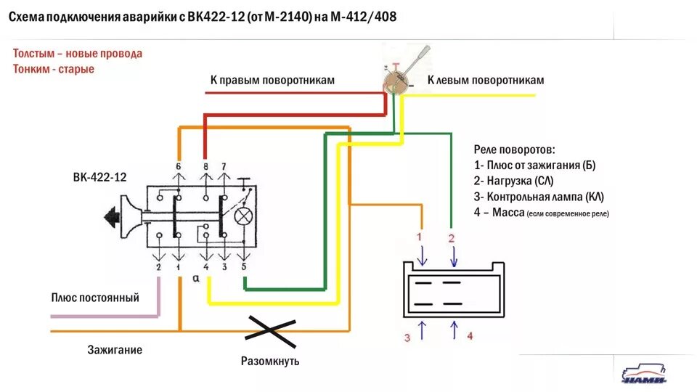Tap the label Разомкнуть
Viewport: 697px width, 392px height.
pos(269,361)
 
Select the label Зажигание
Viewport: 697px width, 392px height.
pos(115,350)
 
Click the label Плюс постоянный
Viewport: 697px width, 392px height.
pos(95,298)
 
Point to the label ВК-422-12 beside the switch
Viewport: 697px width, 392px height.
pos(99,177)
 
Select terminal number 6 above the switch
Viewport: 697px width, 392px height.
pos(178,166)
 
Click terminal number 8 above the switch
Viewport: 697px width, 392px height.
pos(205,166)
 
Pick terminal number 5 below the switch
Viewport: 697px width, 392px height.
pos(244,267)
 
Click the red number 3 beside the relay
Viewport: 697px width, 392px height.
pos(407,337)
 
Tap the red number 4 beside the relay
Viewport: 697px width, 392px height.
pos(470,335)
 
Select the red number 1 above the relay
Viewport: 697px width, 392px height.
pos(418,237)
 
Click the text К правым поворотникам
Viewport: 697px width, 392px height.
pos(272,81)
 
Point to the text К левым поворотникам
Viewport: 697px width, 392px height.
pos(485,81)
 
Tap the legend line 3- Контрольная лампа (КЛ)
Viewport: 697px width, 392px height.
pos(538,197)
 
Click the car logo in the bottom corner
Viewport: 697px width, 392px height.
pos(645,372)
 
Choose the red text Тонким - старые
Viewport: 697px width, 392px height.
pos(54,69)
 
